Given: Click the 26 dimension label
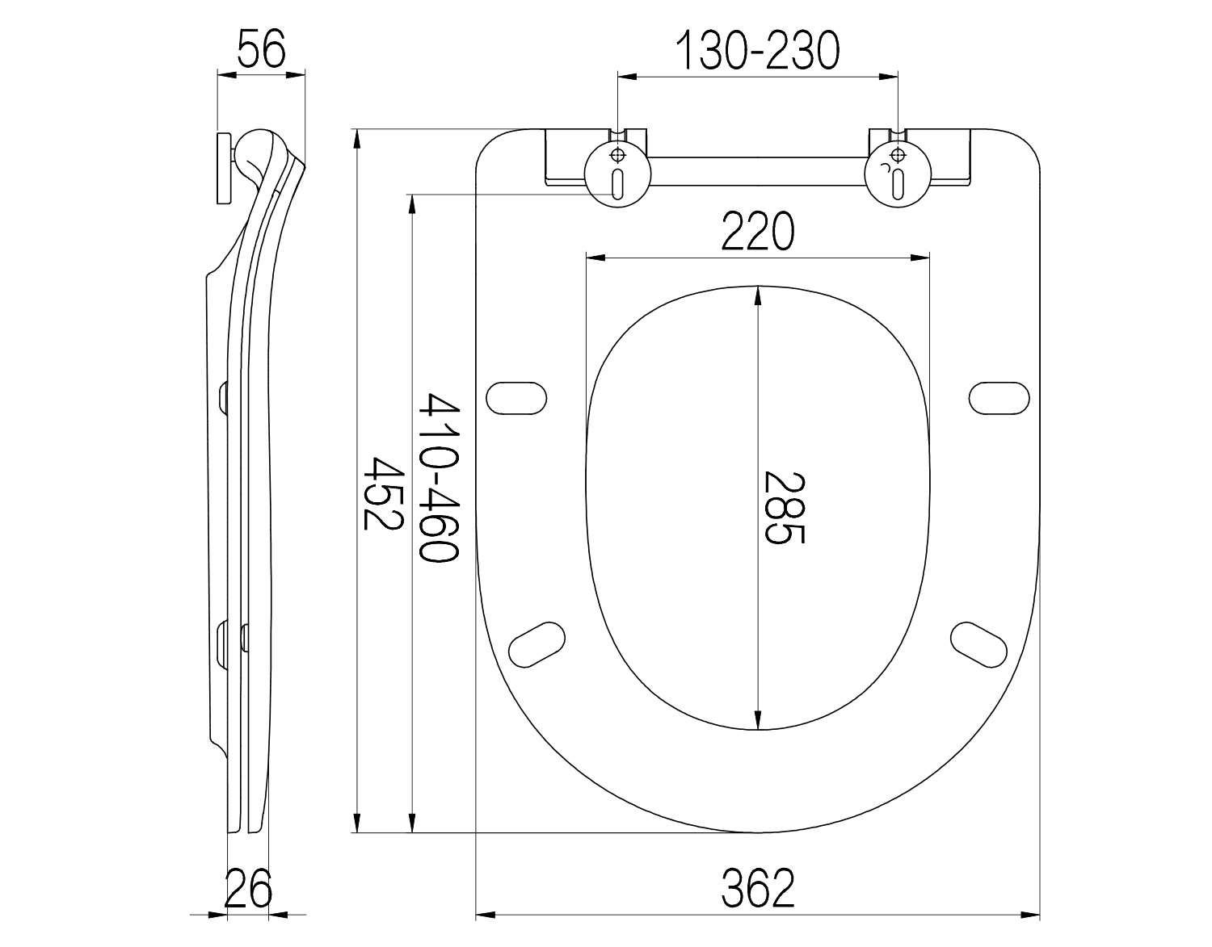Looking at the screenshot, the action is coord(248,889).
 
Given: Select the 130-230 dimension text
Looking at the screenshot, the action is coord(757,51).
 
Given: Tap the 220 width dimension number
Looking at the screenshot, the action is coord(757,231).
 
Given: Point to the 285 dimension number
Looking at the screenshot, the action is coord(785,508).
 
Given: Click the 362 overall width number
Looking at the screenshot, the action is coord(757,889).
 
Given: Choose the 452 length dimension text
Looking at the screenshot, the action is coord(383,493).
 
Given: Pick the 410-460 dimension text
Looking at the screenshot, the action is coord(440,477).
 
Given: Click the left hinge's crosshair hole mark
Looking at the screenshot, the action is coord(618,155).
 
